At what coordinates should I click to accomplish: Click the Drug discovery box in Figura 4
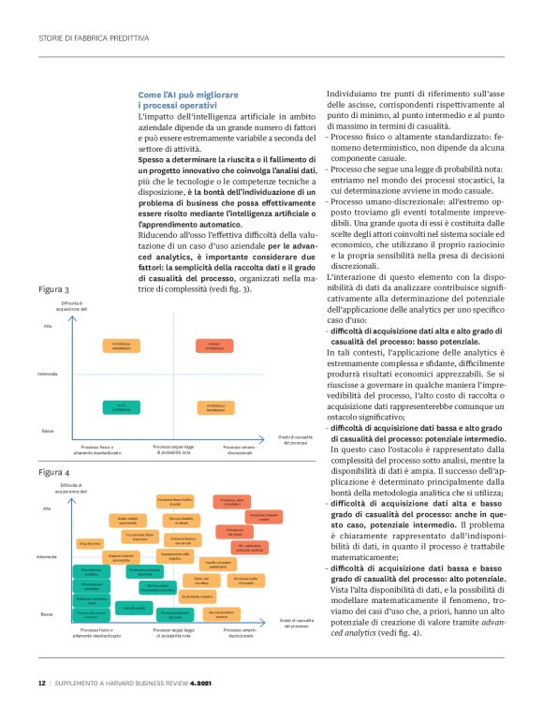pyautogui.click(x=90, y=544)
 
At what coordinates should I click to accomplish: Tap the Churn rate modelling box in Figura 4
pyautogui.click(x=201, y=580)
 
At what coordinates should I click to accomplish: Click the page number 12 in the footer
pyautogui.click(x=42, y=682)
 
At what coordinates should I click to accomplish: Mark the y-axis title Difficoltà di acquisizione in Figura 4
pyautogui.click(x=74, y=489)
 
